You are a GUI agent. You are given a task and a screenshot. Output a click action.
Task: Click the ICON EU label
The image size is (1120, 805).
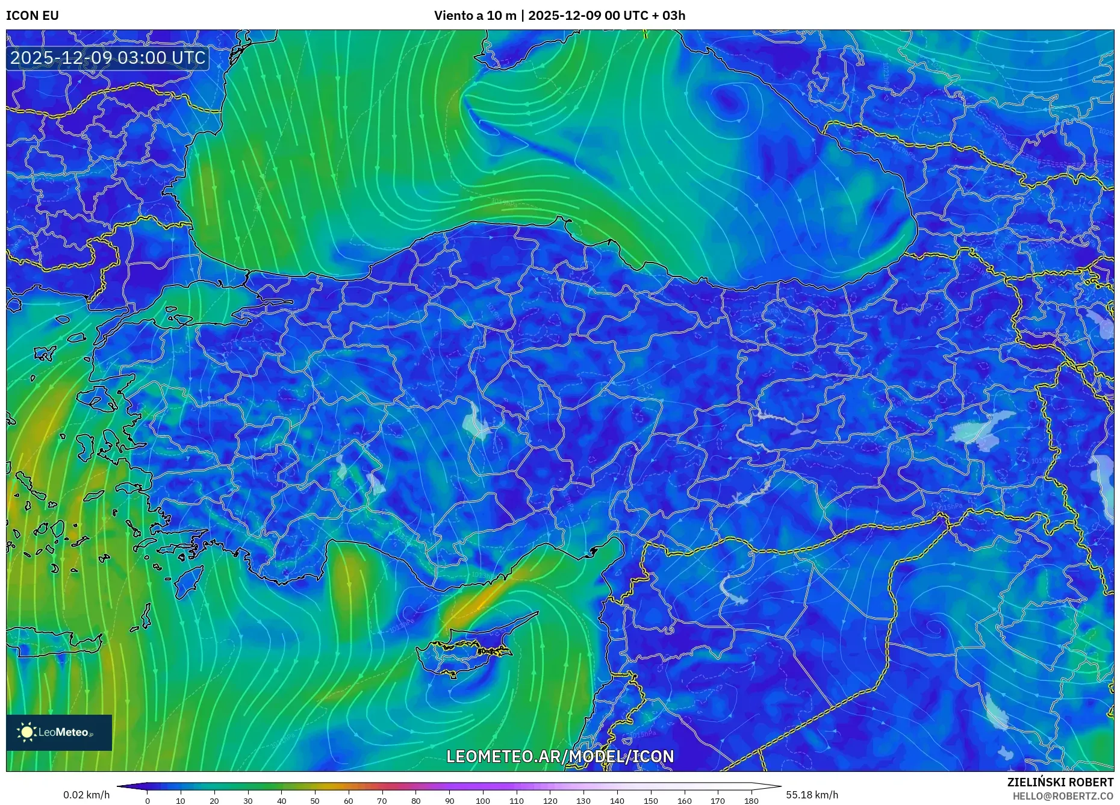tap(33, 16)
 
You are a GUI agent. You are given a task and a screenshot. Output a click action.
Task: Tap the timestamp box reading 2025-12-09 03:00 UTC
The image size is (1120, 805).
tap(108, 58)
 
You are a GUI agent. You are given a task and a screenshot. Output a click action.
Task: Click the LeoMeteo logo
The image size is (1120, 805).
tap(59, 732)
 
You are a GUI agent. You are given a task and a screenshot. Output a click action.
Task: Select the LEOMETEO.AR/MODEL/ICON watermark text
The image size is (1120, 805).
tap(559, 756)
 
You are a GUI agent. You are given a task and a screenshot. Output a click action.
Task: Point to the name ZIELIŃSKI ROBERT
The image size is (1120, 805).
tap(1060, 782)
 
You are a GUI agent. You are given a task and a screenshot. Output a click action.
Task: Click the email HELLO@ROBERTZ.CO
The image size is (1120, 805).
tap(1062, 796)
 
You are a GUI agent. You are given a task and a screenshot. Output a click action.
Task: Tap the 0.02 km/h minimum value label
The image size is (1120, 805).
tap(86, 795)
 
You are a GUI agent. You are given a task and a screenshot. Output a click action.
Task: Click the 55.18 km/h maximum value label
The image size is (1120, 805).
tap(811, 795)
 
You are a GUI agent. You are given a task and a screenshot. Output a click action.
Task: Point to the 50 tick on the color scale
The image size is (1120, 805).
tap(314, 801)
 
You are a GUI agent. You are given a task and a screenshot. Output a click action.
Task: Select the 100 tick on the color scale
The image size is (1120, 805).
tap(482, 801)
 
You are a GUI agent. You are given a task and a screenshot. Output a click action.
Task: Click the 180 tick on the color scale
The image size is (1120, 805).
tap(751, 801)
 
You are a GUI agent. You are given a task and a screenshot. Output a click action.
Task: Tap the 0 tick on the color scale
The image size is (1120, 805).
tap(147, 801)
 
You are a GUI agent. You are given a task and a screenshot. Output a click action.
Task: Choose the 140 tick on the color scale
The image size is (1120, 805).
tap(617, 801)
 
